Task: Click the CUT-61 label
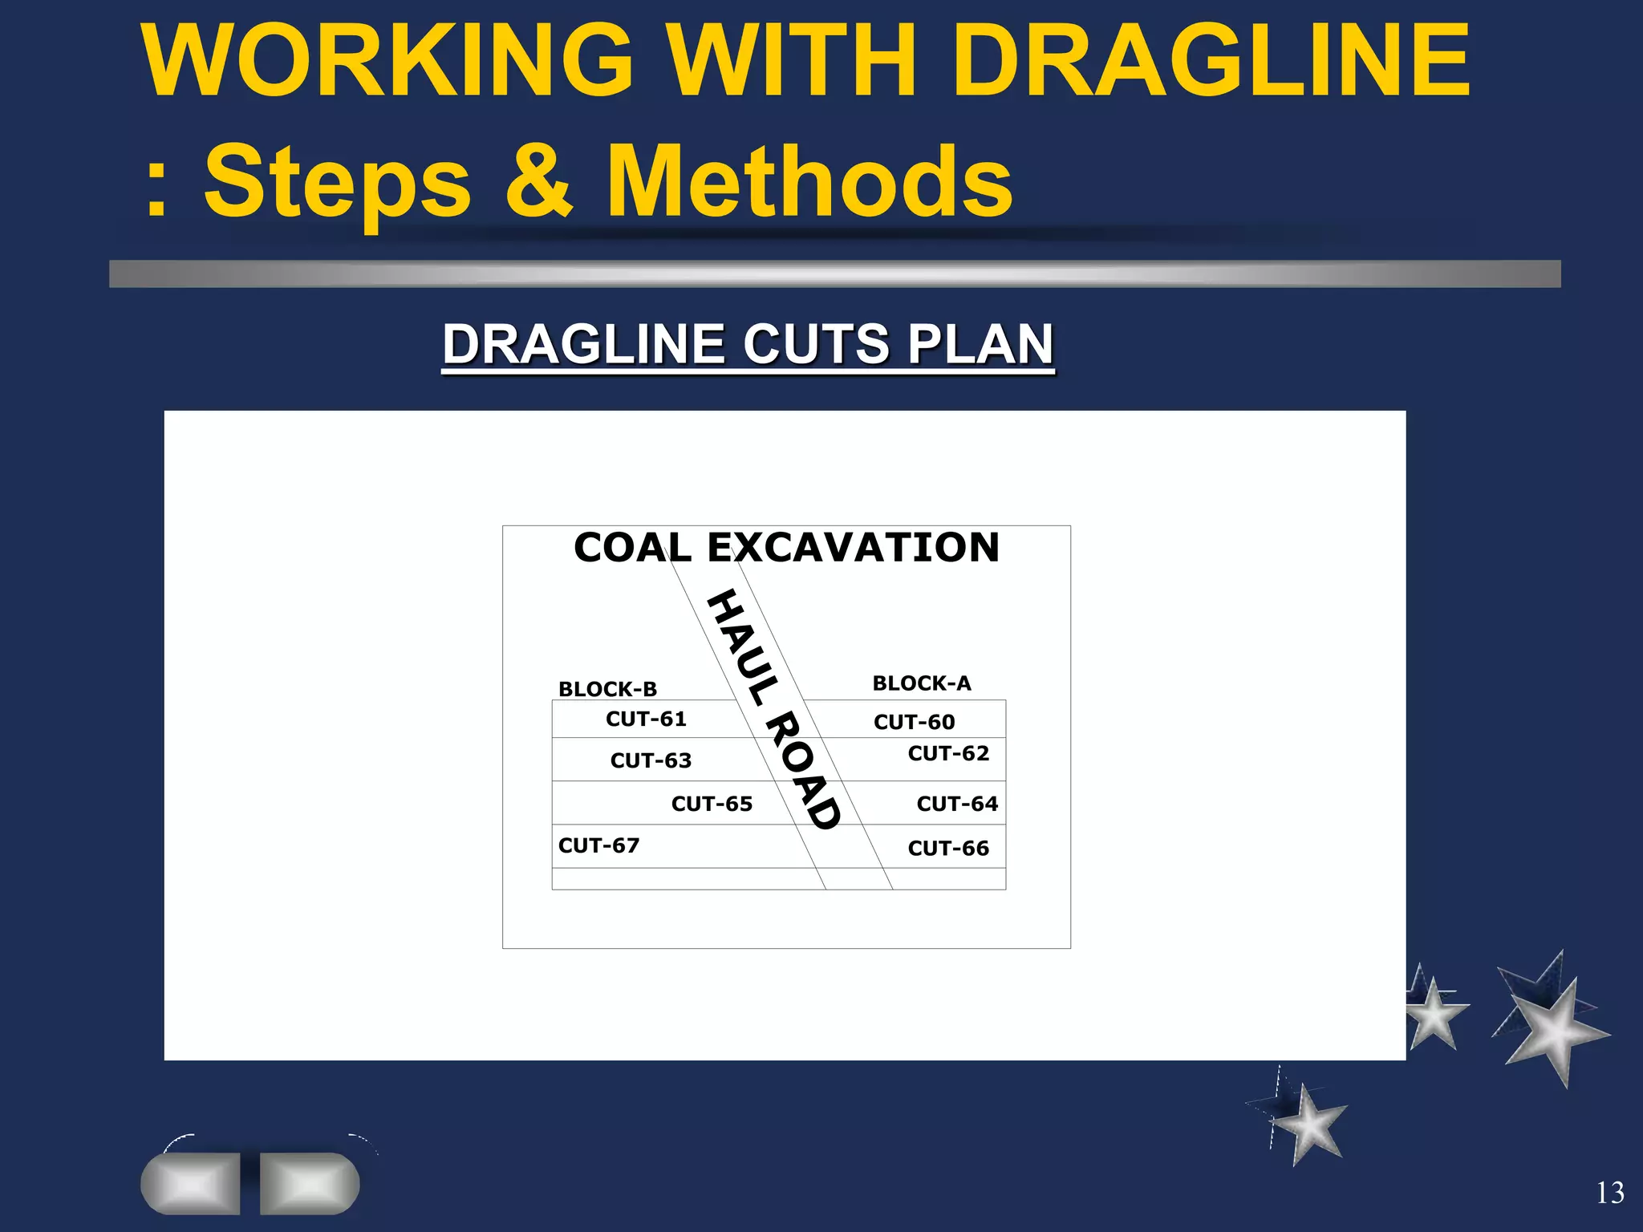point(646,719)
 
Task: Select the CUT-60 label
point(914,722)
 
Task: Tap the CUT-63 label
point(651,760)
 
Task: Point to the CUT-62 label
point(948,753)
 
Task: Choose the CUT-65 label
point(712,804)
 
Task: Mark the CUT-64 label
point(957,804)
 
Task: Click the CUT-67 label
point(598,845)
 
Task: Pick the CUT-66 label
point(948,848)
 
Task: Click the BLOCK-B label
point(607,689)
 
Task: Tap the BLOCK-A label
point(922,683)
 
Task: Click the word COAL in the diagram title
point(632,548)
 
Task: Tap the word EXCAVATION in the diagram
point(853,548)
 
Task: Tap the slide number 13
point(1610,1193)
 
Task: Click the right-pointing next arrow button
point(310,1183)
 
